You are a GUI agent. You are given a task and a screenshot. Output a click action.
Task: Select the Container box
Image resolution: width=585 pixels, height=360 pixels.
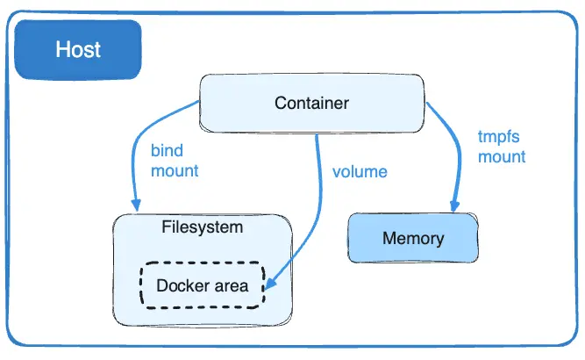[x=311, y=104]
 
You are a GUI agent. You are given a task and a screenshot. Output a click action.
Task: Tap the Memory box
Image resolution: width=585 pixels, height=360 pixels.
[x=413, y=238]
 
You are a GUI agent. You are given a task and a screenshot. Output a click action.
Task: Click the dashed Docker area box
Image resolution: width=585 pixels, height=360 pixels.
[x=202, y=285]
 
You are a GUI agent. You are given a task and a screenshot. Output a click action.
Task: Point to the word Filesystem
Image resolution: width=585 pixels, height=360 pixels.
[x=203, y=227]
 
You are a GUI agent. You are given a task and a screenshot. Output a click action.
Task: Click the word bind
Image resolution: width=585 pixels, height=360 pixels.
[x=167, y=151]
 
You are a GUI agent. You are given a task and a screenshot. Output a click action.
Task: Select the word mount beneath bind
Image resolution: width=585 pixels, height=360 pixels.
[x=175, y=170]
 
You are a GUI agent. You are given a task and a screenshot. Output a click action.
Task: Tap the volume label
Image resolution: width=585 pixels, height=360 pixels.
[x=360, y=170]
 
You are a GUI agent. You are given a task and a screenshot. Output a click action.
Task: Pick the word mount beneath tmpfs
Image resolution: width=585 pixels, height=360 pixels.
[x=502, y=157]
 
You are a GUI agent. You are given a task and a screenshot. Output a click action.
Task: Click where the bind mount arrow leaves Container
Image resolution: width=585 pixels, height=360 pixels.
[x=201, y=102]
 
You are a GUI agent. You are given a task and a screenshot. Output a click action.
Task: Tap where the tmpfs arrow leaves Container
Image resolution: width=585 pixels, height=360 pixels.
[x=427, y=103]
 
